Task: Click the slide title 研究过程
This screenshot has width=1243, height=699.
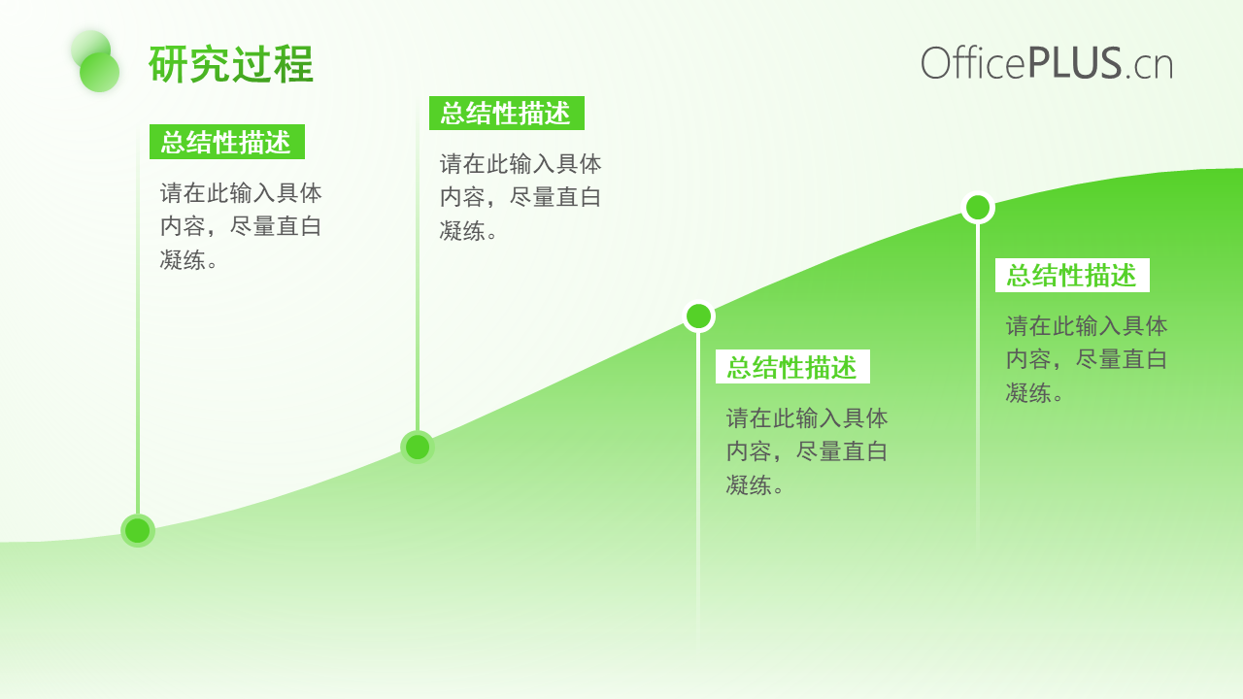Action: pos(231,64)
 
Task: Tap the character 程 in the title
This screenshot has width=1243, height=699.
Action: pos(293,64)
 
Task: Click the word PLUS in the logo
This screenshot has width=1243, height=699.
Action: pos(1075,63)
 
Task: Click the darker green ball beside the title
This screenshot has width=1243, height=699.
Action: pos(100,72)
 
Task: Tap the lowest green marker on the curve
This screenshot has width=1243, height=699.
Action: pos(138,531)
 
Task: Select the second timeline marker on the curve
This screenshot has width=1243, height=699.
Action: pos(418,448)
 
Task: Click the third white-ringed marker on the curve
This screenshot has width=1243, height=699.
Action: pos(698,316)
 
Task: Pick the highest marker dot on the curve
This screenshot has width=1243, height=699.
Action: pos(978,208)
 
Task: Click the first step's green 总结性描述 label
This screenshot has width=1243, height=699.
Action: pos(227,142)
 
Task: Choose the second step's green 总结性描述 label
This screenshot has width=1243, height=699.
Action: pos(507,114)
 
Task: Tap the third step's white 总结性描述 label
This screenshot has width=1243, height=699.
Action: pos(792,367)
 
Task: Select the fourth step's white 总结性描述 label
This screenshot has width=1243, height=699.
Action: pos(1072,275)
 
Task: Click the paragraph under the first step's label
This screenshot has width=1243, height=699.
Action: pos(241,226)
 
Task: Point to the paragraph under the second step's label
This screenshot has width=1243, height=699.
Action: pos(521,197)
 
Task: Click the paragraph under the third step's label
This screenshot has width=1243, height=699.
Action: pos(807,451)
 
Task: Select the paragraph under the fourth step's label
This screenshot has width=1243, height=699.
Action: pos(1087,359)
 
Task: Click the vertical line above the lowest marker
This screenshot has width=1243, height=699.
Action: pos(138,320)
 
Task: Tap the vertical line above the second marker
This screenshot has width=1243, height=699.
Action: pos(418,265)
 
